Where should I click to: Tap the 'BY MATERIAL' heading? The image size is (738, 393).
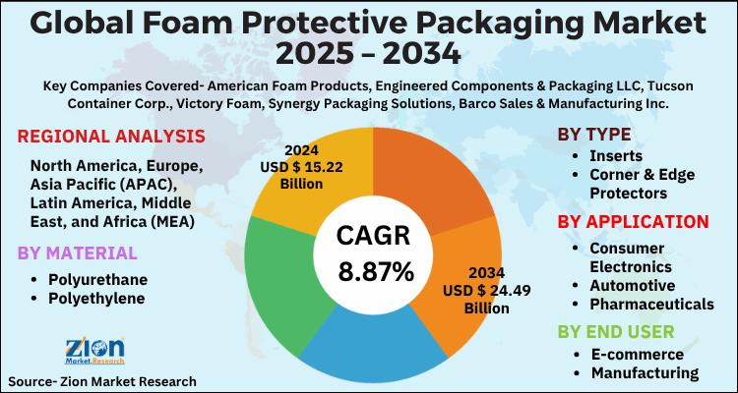tap(78, 253)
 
